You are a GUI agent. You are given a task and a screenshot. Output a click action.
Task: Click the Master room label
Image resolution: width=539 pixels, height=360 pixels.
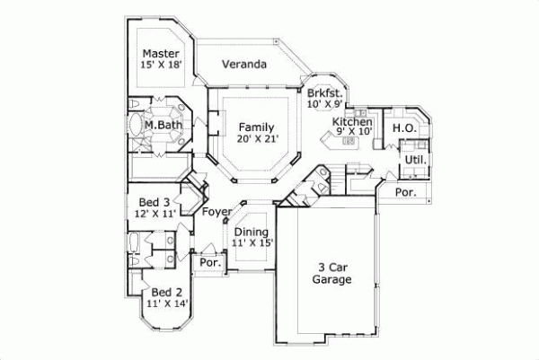[160, 53]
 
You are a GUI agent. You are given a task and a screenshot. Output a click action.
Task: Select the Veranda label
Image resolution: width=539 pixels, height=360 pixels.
[244, 65]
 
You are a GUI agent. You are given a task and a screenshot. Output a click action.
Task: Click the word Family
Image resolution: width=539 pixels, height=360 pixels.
[256, 127]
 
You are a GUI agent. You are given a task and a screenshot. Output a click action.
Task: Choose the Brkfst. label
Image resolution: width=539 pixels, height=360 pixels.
[324, 93]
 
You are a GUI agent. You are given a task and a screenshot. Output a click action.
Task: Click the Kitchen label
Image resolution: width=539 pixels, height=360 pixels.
[352, 121]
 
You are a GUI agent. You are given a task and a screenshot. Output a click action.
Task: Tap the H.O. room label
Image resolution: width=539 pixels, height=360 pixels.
[404, 128]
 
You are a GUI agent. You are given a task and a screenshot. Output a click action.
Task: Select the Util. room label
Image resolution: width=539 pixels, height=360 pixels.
[414, 160]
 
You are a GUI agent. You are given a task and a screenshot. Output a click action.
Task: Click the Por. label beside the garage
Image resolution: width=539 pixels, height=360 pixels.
[406, 192]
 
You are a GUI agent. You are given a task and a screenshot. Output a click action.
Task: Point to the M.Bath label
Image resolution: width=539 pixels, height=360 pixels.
[163, 125]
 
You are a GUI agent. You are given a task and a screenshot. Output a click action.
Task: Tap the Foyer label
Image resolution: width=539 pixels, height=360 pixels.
[216, 212]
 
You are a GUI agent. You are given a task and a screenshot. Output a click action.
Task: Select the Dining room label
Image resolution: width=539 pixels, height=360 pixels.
[251, 232]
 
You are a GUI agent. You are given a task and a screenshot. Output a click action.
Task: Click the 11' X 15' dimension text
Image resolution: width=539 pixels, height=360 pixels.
[251, 243]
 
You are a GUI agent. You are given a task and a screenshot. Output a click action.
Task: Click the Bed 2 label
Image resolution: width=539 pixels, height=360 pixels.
[167, 293]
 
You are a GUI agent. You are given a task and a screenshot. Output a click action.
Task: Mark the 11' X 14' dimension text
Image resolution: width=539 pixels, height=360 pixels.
[167, 304]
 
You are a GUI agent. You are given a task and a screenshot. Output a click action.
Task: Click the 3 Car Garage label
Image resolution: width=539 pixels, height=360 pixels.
[331, 273]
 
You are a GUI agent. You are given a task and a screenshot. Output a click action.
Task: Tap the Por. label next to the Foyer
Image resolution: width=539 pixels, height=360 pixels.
[210, 263]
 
